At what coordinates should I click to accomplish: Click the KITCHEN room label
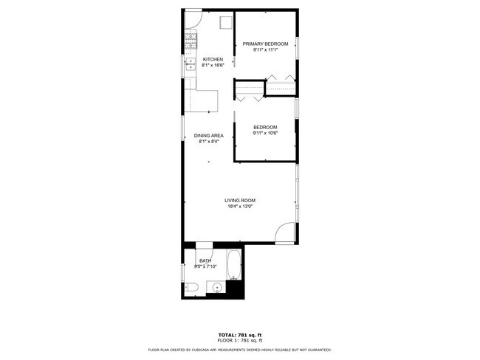[x=213, y=60]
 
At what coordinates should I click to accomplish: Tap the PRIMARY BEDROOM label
[x=264, y=44]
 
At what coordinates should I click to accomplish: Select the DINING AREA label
[x=208, y=136]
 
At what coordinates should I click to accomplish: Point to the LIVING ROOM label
[x=240, y=201]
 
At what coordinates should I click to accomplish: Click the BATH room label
[x=205, y=260]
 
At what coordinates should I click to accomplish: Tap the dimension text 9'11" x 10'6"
[x=264, y=134]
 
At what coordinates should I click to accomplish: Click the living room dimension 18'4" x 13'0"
[x=240, y=207]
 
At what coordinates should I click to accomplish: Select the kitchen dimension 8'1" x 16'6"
[x=213, y=66]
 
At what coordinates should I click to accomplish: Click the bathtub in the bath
[x=234, y=268]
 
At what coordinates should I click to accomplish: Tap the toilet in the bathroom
[x=188, y=288]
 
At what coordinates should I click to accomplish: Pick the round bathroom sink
[x=216, y=288]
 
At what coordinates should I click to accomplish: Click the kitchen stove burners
[x=191, y=37]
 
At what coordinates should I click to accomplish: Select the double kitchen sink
[x=190, y=63]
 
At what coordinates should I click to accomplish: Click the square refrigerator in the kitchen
[x=227, y=22]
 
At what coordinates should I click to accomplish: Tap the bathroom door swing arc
[x=203, y=251]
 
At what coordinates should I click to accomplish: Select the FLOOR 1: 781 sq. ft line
[x=239, y=341]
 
